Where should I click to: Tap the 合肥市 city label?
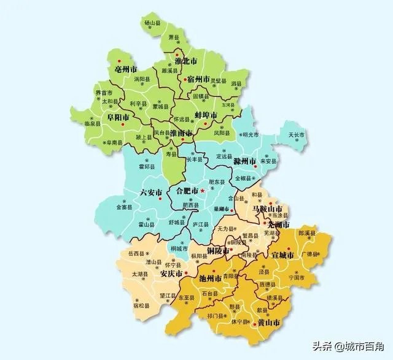(187, 191)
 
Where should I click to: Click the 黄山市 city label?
(268, 322)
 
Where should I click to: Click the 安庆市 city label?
(171, 275)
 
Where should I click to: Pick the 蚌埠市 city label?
(206, 115)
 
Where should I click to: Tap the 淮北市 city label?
(185, 63)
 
